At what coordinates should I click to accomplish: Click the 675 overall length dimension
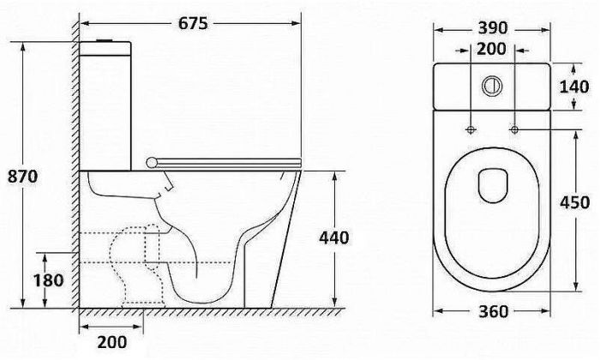(x=193, y=23)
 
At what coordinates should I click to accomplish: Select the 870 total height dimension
(x=23, y=177)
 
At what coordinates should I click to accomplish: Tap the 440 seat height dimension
(x=334, y=238)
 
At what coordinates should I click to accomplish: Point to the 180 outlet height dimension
(x=48, y=280)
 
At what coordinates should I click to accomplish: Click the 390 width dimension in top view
(x=493, y=28)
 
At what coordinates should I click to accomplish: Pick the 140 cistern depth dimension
(x=574, y=87)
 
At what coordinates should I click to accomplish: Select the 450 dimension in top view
(x=575, y=202)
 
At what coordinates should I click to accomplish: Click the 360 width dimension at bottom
(x=493, y=311)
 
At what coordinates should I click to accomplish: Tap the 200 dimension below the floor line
(x=111, y=342)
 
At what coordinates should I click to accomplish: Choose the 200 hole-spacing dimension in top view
(x=492, y=49)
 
